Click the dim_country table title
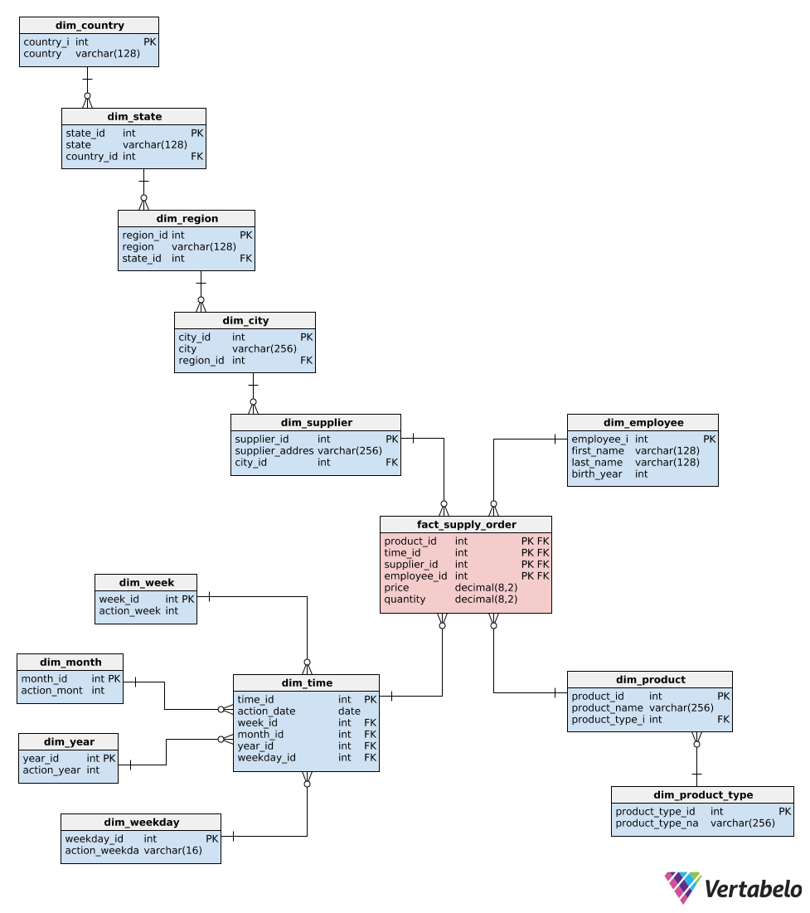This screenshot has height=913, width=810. [x=89, y=26]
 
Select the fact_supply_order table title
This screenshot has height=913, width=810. [x=466, y=525]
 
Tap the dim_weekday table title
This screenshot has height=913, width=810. [x=141, y=823]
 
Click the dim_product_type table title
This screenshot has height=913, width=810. [x=702, y=795]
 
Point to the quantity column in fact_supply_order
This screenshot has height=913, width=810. [x=405, y=600]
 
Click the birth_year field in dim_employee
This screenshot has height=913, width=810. [x=596, y=474]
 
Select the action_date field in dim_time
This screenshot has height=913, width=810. [x=266, y=711]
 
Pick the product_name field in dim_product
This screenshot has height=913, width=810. [x=607, y=708]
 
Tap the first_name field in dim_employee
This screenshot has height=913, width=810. [x=597, y=451]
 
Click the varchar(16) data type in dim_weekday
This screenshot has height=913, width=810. [x=172, y=851]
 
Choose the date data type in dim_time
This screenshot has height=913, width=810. [x=349, y=711]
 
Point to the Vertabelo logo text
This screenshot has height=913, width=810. [x=753, y=890]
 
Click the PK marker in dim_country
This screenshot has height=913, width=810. [x=149, y=42]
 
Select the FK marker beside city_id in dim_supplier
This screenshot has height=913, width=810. [x=391, y=463]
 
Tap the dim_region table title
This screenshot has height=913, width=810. [x=187, y=219]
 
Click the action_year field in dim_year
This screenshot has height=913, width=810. [x=51, y=770]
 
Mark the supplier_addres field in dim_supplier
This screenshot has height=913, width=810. [x=274, y=451]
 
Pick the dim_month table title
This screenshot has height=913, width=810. [x=70, y=663]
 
